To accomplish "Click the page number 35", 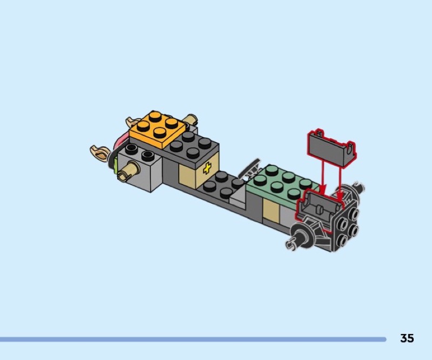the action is click(407, 338).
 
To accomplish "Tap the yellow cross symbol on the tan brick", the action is click(207, 168).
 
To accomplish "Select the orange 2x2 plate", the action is click(157, 129).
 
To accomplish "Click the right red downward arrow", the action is click(341, 183).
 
